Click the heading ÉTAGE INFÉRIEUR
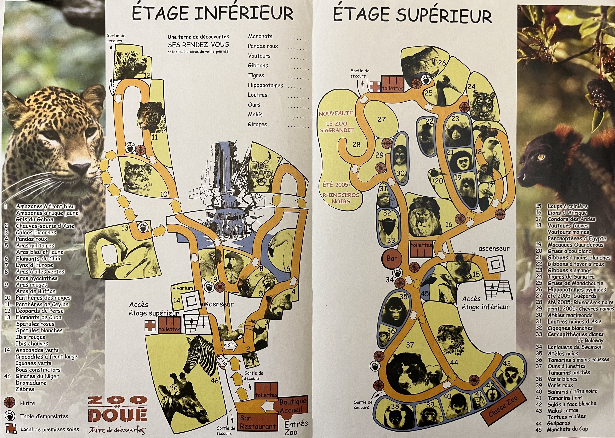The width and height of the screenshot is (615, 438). [213, 14]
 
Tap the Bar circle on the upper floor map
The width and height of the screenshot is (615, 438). [392, 258]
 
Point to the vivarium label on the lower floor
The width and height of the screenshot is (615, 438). [183, 288]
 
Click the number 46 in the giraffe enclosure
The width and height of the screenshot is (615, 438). [215, 381]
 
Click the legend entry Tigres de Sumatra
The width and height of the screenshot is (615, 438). [571, 277]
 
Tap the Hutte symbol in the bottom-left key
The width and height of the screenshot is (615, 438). [10, 403]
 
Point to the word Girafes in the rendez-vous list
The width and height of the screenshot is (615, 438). [257, 124]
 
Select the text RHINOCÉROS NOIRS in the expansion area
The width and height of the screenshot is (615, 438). [341, 198]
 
